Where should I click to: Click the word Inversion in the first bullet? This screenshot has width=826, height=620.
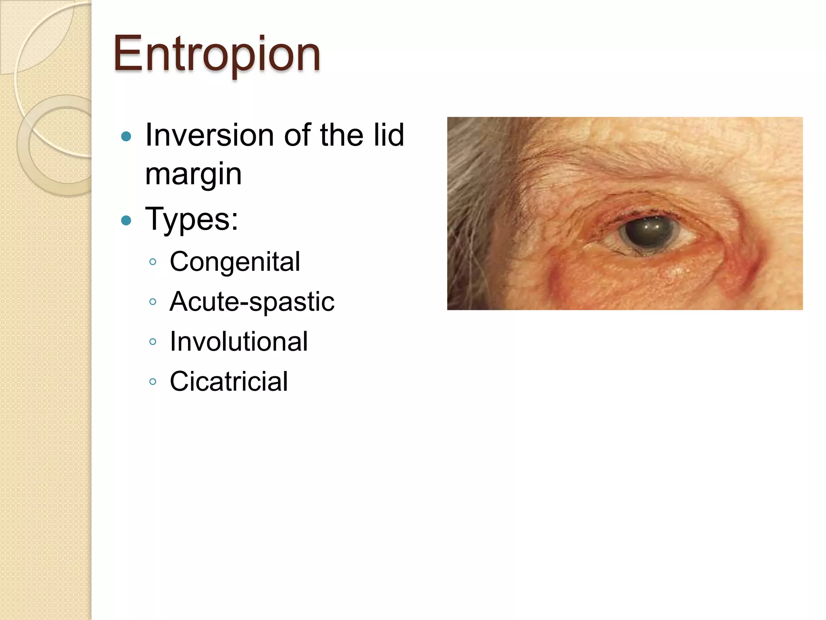coord(210,135)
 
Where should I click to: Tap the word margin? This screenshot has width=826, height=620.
coord(193,174)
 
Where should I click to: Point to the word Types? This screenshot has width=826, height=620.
coord(192,219)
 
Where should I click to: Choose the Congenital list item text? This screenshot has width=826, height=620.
coord(235,262)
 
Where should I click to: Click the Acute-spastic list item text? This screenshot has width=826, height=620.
coord(252,302)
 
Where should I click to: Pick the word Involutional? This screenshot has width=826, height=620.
coord(239,341)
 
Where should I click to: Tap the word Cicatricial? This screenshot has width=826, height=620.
coord(229,381)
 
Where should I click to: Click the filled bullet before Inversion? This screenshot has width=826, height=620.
coord(126,136)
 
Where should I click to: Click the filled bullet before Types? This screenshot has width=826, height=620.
coord(126,220)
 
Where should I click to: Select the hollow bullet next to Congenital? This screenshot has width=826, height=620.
coord(152,262)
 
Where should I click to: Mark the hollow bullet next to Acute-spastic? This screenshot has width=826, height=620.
coord(152,302)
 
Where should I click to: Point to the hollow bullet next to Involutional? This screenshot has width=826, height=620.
coord(152,341)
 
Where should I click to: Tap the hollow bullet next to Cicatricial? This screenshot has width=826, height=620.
coord(152,381)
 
